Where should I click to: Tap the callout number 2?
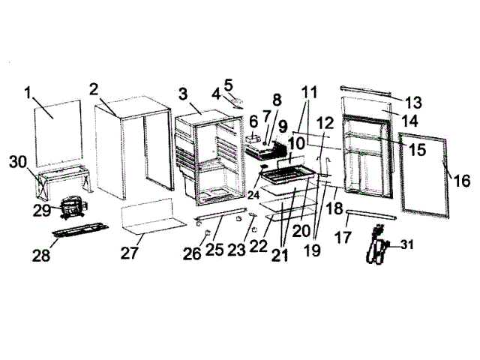tap(94, 89)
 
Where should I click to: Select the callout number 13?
tap(414, 102)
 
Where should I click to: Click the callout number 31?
tap(406, 244)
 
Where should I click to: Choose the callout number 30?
tap(19, 161)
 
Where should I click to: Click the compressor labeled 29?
tap(73, 204)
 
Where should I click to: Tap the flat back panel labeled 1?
tap(59, 132)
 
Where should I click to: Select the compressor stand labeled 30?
tap(61, 181)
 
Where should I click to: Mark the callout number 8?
tap(277, 100)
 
